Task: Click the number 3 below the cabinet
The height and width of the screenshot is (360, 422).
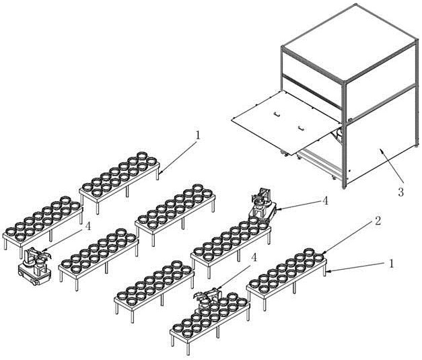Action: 400,192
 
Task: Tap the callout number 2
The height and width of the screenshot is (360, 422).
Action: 378,221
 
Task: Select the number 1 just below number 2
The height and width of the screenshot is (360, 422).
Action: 392,263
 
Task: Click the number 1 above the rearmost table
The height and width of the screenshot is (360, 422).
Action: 198,135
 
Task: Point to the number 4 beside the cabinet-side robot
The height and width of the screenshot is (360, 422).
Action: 325,201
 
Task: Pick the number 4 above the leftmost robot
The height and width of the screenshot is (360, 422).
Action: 88,226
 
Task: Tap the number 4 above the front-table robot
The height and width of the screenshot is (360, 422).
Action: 253,258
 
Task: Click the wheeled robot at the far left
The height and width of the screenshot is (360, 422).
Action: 34,266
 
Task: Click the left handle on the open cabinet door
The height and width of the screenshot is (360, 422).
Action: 277,114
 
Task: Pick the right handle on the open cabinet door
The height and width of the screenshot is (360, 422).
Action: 302,128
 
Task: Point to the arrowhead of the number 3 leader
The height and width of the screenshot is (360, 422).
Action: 381,149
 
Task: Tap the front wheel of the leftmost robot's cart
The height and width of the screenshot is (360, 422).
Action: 35,283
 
